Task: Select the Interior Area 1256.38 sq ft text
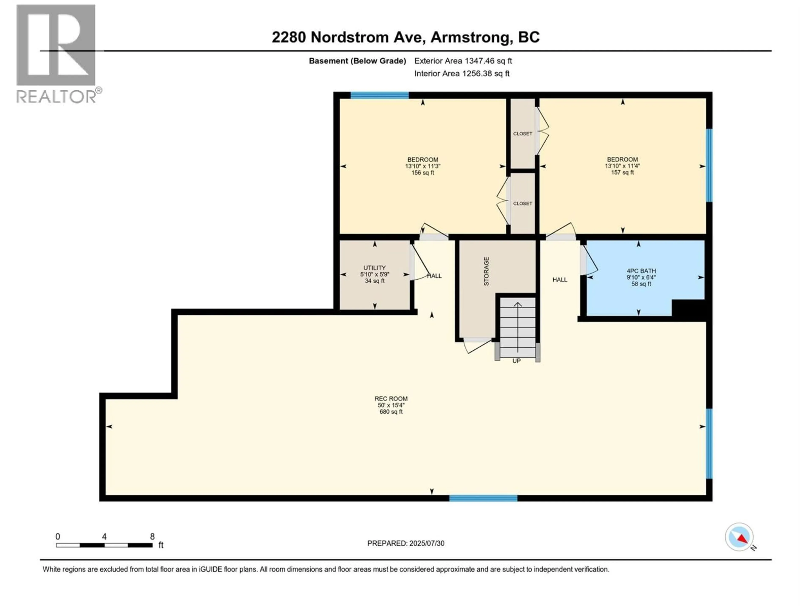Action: click(462, 73)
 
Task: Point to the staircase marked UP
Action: click(517, 328)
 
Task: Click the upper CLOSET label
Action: click(522, 134)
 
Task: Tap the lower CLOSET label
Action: click(522, 203)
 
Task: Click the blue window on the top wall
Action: click(380, 95)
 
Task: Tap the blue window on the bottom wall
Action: click(483, 498)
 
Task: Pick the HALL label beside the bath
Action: click(560, 280)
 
